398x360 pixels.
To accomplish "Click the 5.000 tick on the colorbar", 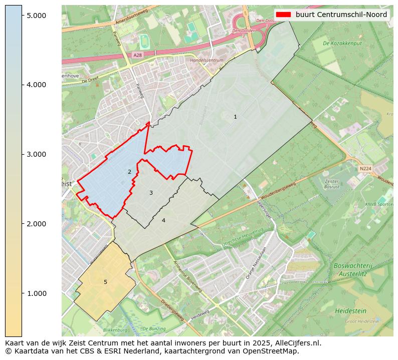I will [x=36, y=16].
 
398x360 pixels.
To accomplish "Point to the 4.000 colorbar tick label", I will [x=36, y=85].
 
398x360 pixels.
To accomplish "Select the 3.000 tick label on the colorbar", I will [x=36, y=154].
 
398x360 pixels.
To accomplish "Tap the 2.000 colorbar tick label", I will [x=36, y=224].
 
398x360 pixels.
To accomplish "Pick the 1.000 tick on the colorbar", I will [x=36, y=293].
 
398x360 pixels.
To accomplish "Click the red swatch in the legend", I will [x=283, y=15].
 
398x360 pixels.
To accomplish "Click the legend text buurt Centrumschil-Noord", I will [x=341, y=15].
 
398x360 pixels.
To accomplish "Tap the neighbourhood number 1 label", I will [x=235, y=117].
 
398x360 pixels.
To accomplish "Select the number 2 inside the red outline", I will [x=129, y=172].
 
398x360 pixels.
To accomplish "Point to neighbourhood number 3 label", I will [x=151, y=193].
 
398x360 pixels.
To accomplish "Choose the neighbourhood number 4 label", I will [x=163, y=220].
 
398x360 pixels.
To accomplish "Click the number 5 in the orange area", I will [x=105, y=282].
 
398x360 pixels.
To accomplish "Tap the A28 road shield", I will [x=138, y=55].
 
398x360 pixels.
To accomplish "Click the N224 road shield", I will [x=365, y=169].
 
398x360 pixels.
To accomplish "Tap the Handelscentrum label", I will [x=207, y=60].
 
